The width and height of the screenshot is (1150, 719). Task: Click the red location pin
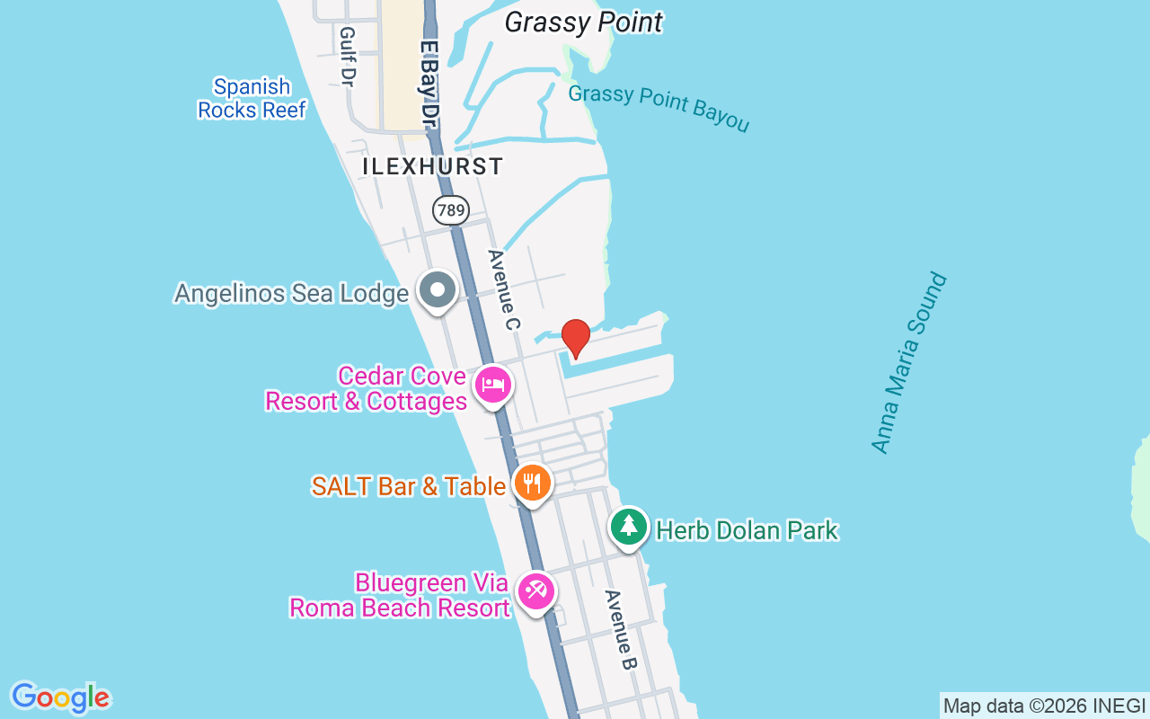[575, 338]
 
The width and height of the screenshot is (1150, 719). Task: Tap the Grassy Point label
[583, 22]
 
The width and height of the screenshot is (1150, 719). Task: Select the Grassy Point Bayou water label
[659, 108]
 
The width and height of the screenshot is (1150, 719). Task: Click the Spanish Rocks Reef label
[252, 99]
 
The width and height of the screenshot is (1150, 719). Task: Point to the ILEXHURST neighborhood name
[432, 166]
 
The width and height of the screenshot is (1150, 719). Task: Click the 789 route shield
[450, 211]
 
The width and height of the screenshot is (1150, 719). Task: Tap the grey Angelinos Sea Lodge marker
[438, 290]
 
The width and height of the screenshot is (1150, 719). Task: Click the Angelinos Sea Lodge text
[291, 294]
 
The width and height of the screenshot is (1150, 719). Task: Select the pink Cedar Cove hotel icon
[492, 386]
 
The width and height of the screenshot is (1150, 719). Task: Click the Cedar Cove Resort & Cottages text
[366, 388]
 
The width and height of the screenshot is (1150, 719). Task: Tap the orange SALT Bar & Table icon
[533, 484]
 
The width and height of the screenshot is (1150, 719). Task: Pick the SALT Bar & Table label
[409, 486]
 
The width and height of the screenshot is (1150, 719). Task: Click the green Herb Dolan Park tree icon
[629, 526]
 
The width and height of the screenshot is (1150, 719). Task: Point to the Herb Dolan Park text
[747, 530]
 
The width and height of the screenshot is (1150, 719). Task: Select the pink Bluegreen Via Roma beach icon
[536, 591]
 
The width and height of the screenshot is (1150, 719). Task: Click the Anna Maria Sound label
[909, 362]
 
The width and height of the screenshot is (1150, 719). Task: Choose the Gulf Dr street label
[348, 56]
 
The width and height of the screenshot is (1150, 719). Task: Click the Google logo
[60, 697]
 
